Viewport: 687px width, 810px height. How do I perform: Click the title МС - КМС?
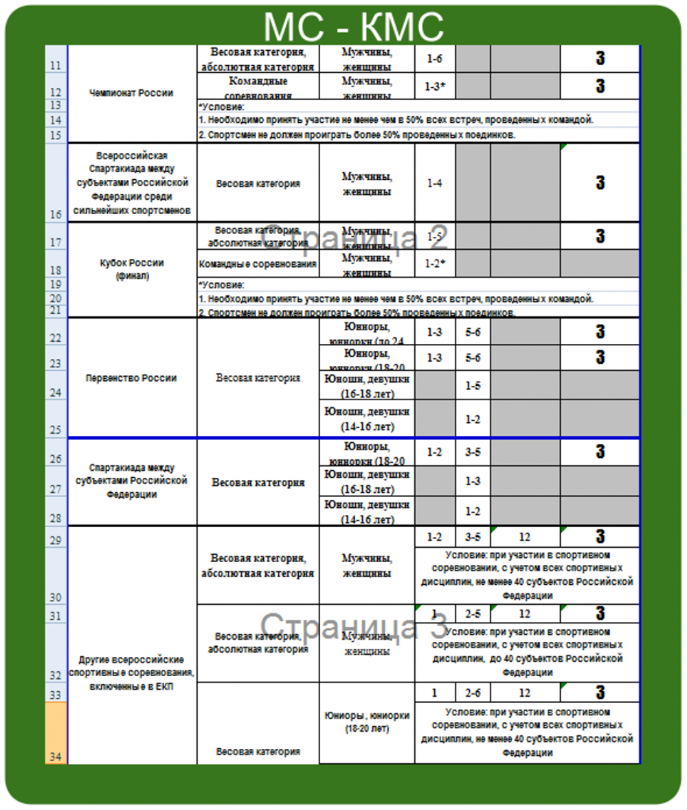[353, 27]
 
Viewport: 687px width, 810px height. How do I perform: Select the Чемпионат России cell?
[131, 93]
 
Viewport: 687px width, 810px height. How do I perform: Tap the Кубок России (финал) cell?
[131, 268]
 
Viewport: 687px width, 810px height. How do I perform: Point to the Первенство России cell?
[131, 378]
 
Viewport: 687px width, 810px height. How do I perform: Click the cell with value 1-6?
[434, 59]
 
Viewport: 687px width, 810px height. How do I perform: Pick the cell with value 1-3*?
[434, 86]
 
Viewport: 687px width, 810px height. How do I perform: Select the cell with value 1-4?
[434, 183]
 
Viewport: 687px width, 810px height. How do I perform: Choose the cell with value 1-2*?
[434, 264]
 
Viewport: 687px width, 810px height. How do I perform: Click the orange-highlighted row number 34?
[56, 732]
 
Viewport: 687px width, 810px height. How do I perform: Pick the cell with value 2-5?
[472, 614]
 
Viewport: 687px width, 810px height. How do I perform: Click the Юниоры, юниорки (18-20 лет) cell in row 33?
[367, 721]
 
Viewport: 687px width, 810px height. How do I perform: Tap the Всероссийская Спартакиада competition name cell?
[131, 183]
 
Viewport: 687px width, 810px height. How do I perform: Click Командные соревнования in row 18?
[258, 264]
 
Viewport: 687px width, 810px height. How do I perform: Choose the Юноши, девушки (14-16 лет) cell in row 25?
[367, 419]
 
